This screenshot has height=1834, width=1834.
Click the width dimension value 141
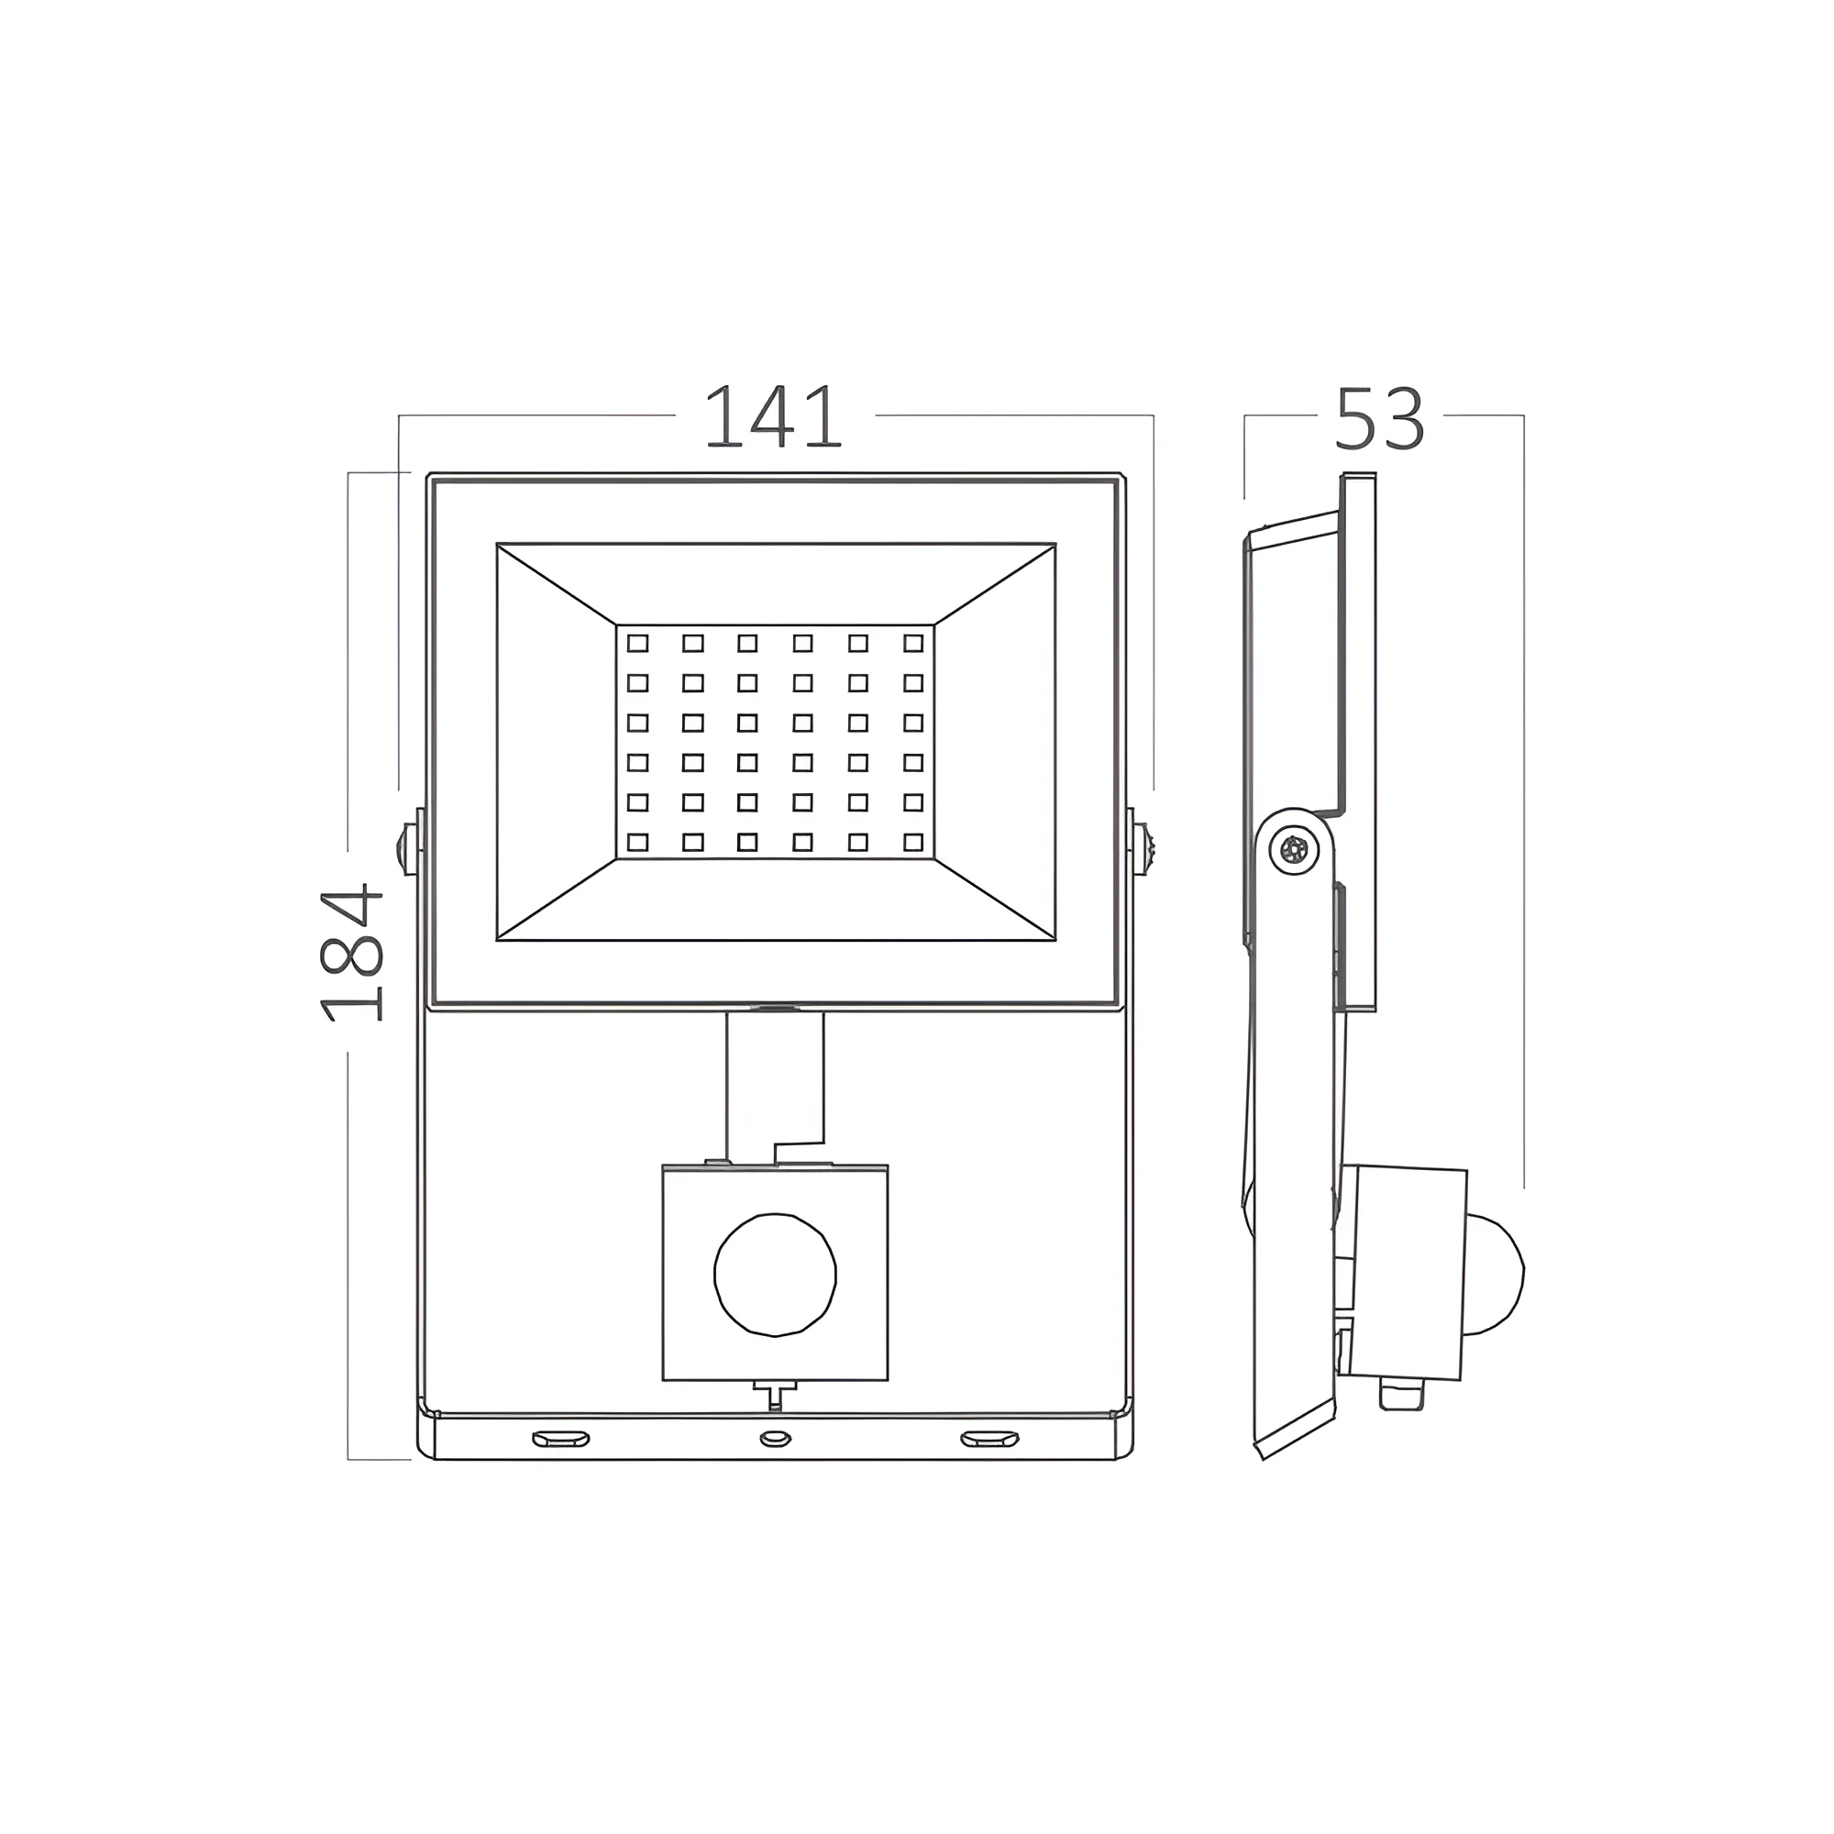[x=773, y=415]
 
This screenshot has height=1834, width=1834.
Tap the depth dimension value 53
[x=1379, y=417]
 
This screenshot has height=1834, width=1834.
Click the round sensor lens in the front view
[x=775, y=1274]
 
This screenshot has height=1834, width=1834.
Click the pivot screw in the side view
[x=1294, y=850]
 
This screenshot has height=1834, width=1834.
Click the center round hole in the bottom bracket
[x=776, y=1439]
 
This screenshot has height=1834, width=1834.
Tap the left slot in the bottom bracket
[x=560, y=1439]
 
